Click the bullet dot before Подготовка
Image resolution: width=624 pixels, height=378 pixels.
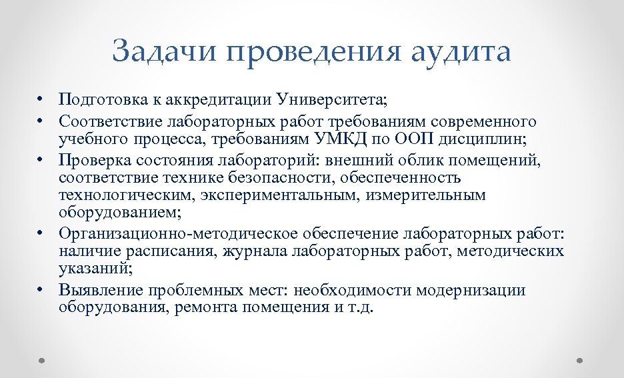click(x=41, y=101)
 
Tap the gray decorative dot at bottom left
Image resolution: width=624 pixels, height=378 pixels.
click(x=42, y=361)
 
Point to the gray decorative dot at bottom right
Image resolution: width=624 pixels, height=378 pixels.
click(x=579, y=361)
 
